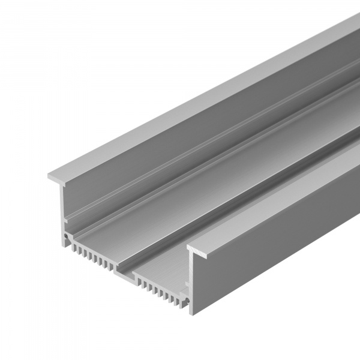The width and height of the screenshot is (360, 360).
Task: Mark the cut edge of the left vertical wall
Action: (x=64, y=204)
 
